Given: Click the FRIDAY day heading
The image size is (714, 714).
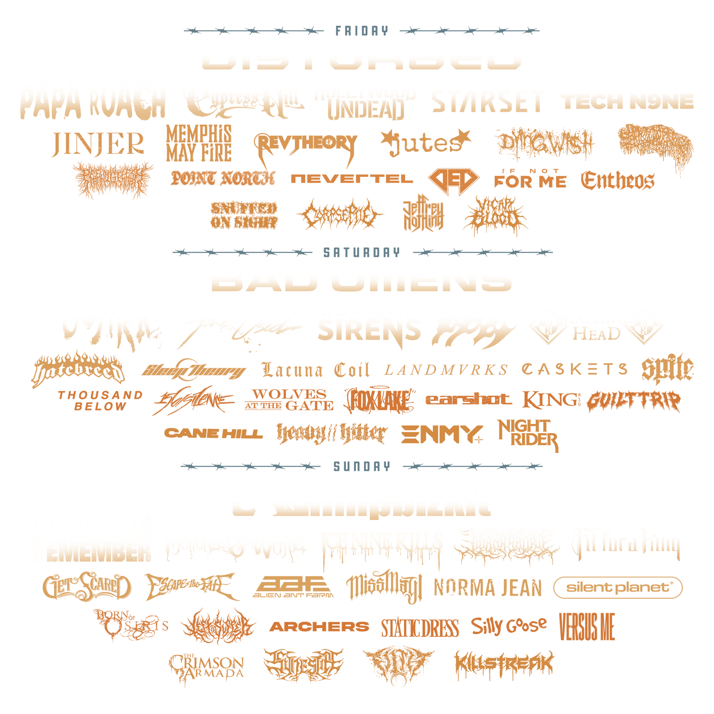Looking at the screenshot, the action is point(361,31).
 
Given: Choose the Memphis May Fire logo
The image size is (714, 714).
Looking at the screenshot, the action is point(198,144).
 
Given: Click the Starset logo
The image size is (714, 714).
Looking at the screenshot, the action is point(487,101).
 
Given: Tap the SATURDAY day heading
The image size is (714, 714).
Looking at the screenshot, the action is point(361,252).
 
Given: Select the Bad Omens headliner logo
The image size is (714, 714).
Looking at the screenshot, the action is point(361,280).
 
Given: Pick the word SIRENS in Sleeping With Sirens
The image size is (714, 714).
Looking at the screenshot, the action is point(369,330).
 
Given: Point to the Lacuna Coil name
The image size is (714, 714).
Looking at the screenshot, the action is point(315,370).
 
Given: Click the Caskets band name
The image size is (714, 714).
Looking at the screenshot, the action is point(575,369).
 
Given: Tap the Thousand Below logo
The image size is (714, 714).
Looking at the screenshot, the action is point(100,401).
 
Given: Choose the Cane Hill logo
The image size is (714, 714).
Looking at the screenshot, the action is point(213,433).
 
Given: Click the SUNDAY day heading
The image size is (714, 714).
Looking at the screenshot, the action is point(361,466).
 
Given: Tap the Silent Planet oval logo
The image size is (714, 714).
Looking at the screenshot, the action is point(618,587).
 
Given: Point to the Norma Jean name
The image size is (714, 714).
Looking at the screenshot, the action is point(487,588).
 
